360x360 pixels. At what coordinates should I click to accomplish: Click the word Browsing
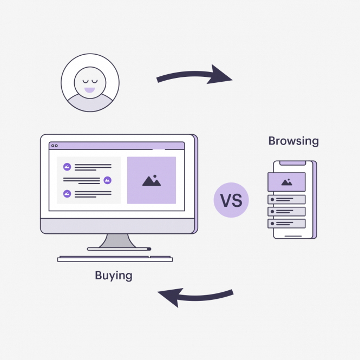(293, 141)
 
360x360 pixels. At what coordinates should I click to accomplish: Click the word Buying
(114, 276)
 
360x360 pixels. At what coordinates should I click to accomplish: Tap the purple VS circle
(231, 200)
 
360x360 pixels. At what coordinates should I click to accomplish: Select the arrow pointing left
(195, 298)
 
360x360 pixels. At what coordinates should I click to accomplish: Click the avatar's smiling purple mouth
(89, 90)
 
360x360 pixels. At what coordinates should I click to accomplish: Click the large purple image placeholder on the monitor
(152, 180)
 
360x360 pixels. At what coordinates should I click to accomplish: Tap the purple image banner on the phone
(286, 182)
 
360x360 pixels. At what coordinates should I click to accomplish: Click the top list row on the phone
(286, 200)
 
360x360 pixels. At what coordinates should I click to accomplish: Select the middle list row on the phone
(286, 212)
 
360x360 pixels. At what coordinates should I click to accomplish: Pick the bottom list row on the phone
(286, 224)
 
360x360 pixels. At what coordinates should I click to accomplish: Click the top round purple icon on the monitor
(67, 167)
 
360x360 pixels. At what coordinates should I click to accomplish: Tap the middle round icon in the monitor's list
(107, 180)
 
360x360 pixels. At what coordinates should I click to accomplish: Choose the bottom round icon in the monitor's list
(67, 194)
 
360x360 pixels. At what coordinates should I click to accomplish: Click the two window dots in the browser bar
(55, 146)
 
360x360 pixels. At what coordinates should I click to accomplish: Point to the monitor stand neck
(117, 240)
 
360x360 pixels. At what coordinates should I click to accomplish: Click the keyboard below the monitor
(115, 259)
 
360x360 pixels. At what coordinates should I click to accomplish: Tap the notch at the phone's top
(293, 163)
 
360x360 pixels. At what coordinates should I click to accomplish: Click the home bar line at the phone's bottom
(293, 236)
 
